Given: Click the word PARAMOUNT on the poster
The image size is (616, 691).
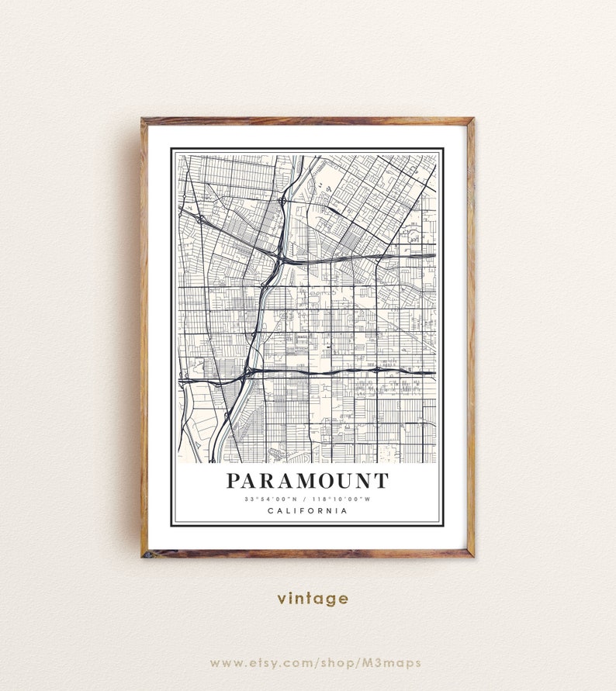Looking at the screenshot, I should (307, 481).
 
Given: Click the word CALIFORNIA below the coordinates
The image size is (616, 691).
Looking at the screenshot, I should (307, 510).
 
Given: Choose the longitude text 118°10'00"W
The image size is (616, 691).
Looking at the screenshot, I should (343, 499).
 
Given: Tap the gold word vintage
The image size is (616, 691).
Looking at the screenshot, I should (313, 599).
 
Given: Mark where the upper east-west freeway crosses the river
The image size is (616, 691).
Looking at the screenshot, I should (278, 259).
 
